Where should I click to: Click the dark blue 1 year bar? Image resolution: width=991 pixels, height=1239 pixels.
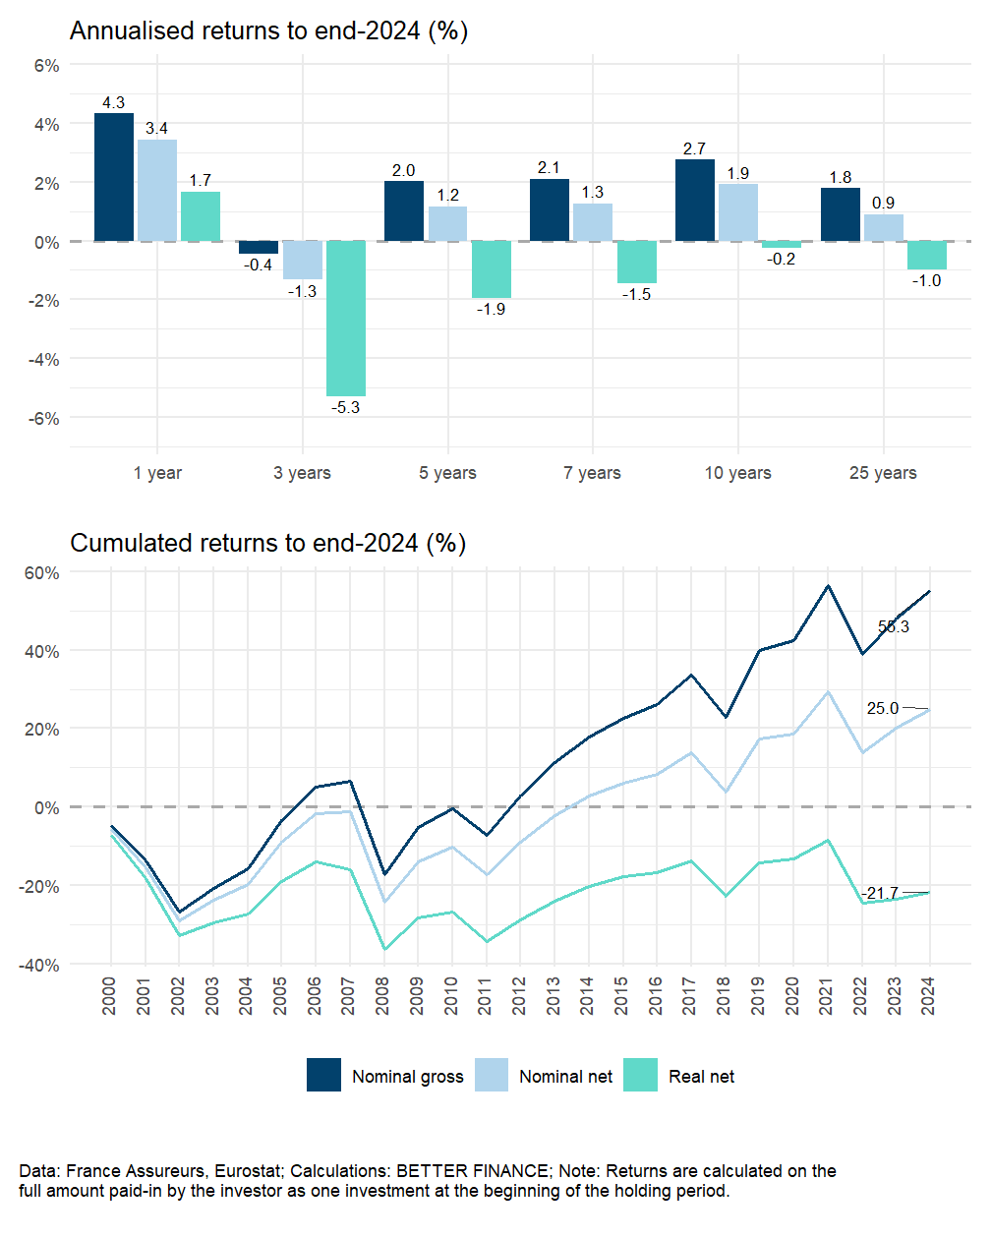tap(114, 177)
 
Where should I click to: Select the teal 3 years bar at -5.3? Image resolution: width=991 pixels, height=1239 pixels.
tap(346, 318)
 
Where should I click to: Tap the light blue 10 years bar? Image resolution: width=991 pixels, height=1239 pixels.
tap(738, 212)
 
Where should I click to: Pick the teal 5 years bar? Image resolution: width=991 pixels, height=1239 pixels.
tap(492, 269)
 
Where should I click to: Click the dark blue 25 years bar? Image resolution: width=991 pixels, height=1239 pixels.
tap(841, 214)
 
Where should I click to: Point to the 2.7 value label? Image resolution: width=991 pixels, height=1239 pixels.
tap(694, 148)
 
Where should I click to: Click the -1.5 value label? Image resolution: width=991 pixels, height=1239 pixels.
tap(636, 294)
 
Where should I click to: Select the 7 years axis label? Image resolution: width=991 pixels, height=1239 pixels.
tap(592, 473)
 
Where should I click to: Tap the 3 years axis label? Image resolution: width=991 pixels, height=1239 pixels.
tap(302, 473)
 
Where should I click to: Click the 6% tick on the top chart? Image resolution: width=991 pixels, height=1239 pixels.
tap(46, 66)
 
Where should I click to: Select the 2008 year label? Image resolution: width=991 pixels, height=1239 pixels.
tap(383, 996)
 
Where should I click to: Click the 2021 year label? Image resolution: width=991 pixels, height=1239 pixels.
tap(827, 996)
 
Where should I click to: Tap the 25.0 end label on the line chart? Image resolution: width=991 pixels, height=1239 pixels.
tap(883, 708)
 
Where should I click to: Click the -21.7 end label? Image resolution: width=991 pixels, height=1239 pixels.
tap(881, 893)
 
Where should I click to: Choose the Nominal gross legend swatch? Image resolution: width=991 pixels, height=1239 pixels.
tap(323, 1075)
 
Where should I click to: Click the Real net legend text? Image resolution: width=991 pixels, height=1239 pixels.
tap(701, 1077)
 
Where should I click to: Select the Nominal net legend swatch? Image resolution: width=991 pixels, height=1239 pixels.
tap(492, 1075)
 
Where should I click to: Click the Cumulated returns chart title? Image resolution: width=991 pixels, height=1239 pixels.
tap(267, 543)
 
